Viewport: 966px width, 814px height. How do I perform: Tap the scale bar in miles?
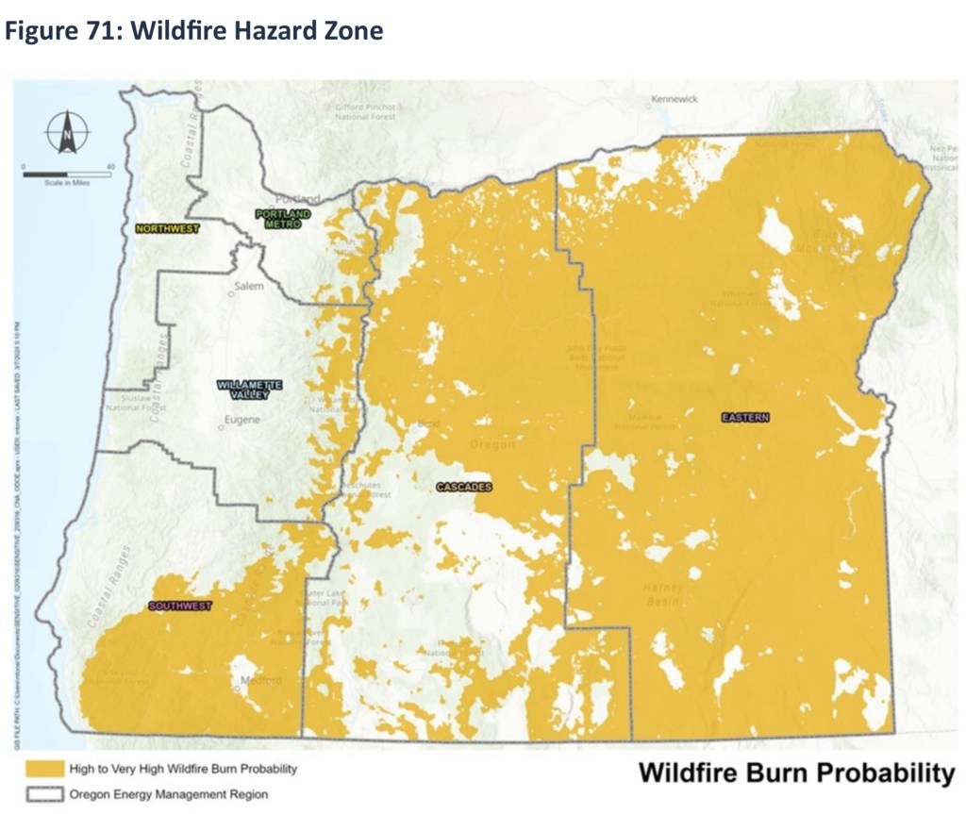67,174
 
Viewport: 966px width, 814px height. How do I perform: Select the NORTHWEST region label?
167,228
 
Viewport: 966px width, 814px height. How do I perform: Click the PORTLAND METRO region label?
283,221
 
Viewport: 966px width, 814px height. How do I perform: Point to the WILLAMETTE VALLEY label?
250,390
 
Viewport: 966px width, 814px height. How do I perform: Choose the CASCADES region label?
465,487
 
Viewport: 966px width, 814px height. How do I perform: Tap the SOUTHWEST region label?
179,606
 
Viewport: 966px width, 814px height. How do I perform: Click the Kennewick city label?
674,99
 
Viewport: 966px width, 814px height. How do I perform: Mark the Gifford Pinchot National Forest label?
365,113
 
